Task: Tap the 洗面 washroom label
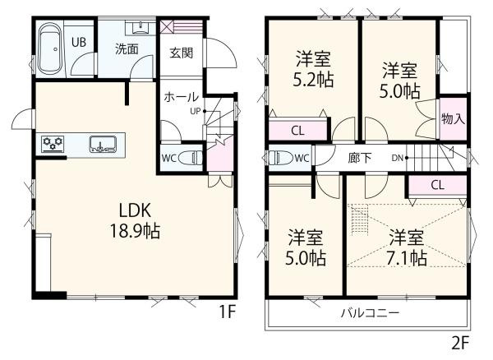click(x=126, y=48)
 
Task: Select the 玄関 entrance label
click(x=182, y=53)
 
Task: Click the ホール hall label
click(x=181, y=96)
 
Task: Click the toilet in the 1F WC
click(x=191, y=156)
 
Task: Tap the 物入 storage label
click(x=453, y=118)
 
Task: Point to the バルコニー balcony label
click(x=370, y=313)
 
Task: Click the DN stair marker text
click(x=396, y=157)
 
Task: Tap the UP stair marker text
click(x=194, y=110)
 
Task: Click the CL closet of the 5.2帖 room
click(x=298, y=130)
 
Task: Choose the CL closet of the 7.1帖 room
click(x=436, y=185)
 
